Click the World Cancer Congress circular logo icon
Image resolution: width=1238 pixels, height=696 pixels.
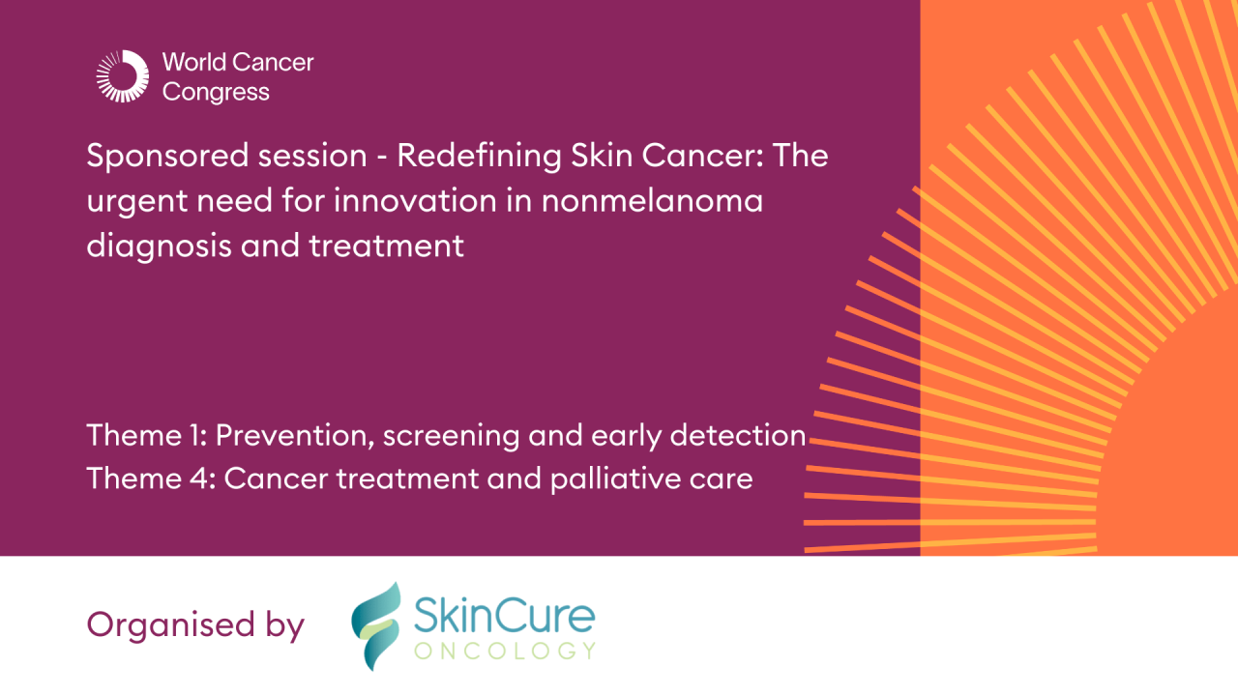(x=122, y=76)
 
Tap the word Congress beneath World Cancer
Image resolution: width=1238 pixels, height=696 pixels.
(x=216, y=93)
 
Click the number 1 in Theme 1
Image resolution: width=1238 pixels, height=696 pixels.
(x=198, y=436)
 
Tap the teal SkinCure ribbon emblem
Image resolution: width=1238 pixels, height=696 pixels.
(x=375, y=625)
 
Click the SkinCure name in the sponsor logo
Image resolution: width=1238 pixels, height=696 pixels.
(x=504, y=613)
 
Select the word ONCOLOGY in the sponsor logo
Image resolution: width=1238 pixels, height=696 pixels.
(x=504, y=651)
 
